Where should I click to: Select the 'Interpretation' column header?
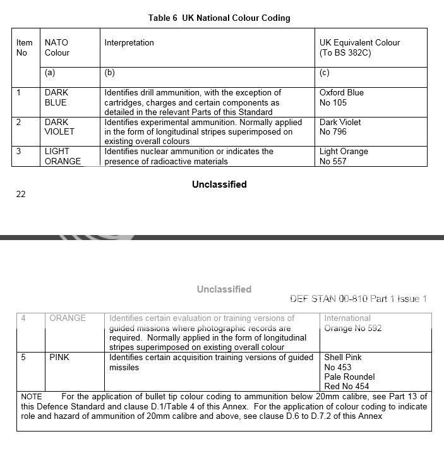click(129, 43)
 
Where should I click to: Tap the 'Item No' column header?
click(24, 48)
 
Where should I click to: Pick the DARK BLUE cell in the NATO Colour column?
click(56, 97)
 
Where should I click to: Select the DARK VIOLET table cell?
click(59, 126)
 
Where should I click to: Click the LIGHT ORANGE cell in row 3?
click(63, 156)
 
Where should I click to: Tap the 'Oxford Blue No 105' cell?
click(341, 97)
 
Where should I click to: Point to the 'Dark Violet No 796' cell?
click(342, 126)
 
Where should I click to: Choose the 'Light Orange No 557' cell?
click(343, 156)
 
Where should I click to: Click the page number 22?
click(21, 194)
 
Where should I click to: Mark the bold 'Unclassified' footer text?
click(219, 184)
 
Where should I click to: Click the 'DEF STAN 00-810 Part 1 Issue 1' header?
click(358, 299)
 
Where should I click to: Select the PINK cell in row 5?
click(59, 357)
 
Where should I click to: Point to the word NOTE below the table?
click(31, 397)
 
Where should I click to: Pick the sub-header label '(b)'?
click(109, 73)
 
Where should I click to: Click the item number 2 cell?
click(20, 122)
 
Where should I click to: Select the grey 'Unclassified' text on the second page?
click(224, 289)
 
